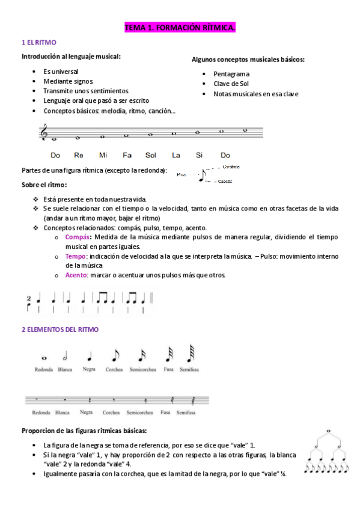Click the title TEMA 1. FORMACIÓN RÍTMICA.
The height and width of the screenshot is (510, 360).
(180, 28)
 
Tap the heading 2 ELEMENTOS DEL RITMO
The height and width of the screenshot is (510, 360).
(60, 330)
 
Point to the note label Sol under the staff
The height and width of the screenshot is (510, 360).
(150, 155)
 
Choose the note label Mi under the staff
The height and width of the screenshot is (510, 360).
(103, 155)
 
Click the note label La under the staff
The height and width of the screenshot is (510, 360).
(175, 155)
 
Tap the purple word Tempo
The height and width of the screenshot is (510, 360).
(76, 256)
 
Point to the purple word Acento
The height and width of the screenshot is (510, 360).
(76, 275)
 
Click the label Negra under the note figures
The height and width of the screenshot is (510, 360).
(89, 369)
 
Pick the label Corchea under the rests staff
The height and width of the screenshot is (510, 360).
(111, 413)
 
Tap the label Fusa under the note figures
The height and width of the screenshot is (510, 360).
(169, 369)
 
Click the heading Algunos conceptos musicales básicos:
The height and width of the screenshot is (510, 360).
(248, 60)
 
